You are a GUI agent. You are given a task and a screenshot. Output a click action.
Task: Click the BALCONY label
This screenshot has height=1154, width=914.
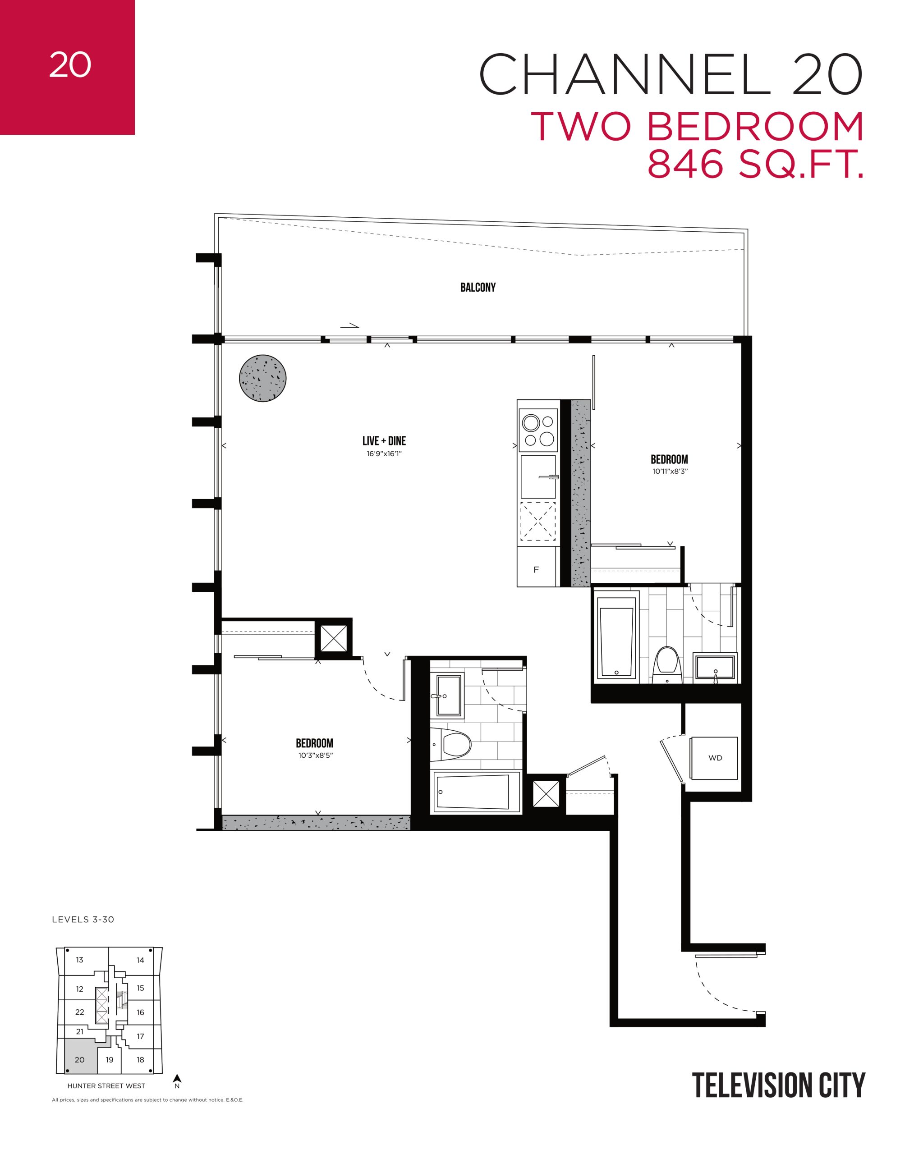478,288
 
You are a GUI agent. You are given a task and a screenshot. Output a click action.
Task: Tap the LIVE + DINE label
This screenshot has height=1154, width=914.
384,441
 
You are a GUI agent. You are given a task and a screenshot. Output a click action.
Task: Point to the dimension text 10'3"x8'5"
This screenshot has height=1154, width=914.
315,756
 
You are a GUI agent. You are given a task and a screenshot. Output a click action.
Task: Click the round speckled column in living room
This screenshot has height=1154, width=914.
263,379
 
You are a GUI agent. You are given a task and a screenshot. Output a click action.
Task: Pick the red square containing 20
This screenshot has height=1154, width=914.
68,68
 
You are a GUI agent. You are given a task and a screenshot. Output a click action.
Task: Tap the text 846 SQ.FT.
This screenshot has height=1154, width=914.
756,166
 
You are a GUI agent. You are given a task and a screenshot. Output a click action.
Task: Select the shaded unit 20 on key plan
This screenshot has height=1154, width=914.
79,1059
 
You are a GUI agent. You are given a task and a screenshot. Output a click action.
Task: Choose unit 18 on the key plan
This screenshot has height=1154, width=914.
140,1059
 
